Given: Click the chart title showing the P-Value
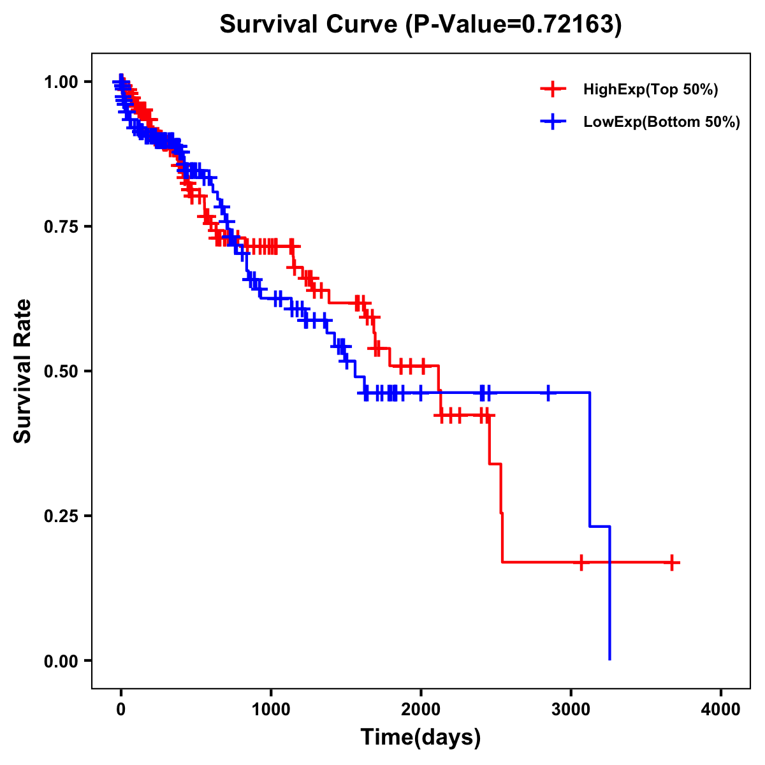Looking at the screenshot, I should point(420,24).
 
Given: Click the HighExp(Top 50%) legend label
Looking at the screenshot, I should point(650,90).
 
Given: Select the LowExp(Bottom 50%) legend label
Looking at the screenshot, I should point(662,122).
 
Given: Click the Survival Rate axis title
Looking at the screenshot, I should point(23,371).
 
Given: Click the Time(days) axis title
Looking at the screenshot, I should point(421,738).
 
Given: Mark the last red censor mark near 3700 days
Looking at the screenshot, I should point(672,563).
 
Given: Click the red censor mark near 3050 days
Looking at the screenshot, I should point(581,563).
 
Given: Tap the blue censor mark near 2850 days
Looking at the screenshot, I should point(548,393).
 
